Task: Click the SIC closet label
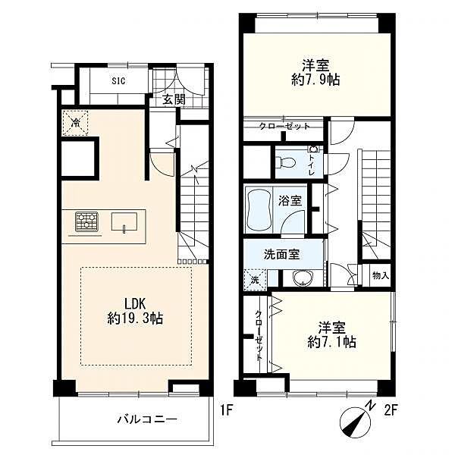[118, 80]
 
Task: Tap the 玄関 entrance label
[174, 100]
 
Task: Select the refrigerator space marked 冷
[75, 123]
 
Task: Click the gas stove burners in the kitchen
[86, 221]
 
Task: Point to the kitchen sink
[124, 222]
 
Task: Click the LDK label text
[135, 304]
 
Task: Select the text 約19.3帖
[135, 318]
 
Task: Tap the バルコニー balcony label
[147, 419]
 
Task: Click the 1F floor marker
[226, 410]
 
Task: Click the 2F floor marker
[391, 410]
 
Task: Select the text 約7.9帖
[315, 80]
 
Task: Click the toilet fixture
[284, 162]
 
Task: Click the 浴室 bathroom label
[290, 201]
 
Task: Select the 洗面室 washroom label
[282, 255]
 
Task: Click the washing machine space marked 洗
[255, 281]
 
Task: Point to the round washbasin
[303, 278]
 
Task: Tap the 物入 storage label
[381, 275]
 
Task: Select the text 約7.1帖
[331, 343]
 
